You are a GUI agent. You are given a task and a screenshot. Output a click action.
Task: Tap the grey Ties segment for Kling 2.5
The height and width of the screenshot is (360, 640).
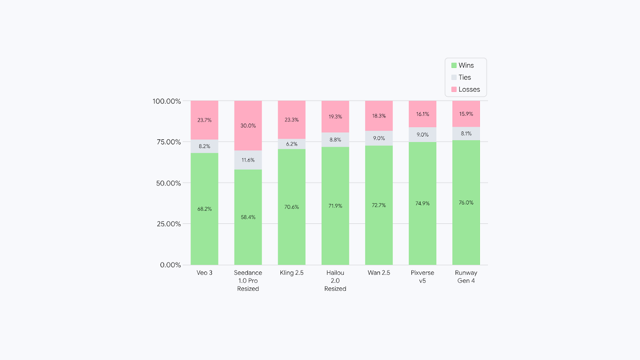coord(292,144)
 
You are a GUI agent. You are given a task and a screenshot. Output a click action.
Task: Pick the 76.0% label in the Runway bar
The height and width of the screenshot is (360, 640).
coord(466,203)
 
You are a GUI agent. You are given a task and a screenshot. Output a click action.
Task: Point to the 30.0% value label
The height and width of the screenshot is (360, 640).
coord(248,126)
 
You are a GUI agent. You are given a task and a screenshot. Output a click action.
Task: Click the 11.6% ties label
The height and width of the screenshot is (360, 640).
coord(248,160)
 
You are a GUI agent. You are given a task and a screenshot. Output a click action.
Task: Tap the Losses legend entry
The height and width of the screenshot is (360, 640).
coord(465,89)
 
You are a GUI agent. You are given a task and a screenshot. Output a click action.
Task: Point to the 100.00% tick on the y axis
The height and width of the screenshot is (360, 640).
coord(167,101)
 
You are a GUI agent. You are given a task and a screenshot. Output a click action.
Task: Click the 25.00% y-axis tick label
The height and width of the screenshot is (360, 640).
coord(167,224)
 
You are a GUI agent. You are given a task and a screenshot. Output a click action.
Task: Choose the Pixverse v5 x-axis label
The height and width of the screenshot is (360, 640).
coord(422,276)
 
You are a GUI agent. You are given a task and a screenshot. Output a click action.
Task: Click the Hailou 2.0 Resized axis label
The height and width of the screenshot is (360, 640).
coord(335,280)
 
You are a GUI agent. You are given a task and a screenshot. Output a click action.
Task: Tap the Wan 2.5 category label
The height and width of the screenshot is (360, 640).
coord(379,273)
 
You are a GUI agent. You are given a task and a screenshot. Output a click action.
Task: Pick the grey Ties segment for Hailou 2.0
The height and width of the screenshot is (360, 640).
coord(335,140)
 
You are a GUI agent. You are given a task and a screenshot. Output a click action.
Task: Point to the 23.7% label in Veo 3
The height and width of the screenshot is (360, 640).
coord(204,120)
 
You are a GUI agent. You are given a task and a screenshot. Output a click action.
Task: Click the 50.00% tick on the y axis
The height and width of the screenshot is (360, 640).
coord(167,183)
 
